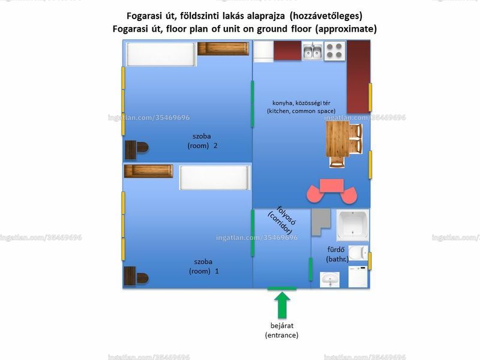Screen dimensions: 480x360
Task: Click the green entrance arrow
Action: click(282, 305)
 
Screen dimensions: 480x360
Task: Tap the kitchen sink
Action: click(312, 51)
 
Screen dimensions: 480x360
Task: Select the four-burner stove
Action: click(334, 51)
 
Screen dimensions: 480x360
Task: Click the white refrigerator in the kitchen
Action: click(263, 52)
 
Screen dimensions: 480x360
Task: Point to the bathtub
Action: click(353, 226)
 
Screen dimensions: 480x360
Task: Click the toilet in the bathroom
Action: click(358, 253)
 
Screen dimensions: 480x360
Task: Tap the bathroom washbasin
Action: click(329, 280)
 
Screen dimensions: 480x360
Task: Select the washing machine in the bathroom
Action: click(358, 277)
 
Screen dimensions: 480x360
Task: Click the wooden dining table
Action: click(338, 139)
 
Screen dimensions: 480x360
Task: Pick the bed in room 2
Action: click(161, 54)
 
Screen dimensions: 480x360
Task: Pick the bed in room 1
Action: click(215, 178)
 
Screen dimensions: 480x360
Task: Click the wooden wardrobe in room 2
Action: click(223, 49)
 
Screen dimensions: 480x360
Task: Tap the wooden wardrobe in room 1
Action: click(148, 171)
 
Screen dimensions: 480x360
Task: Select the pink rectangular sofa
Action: click(332, 185)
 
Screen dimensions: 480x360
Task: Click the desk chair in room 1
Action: click(142, 278)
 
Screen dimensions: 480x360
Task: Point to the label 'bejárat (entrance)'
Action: click(281, 331)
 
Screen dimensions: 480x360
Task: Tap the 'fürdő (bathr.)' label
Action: click(337, 254)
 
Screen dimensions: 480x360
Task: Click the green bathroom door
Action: click(310, 269)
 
